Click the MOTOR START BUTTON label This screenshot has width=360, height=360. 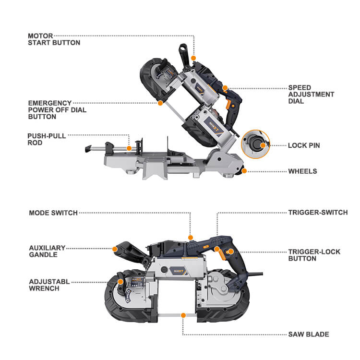pyautogui.click(x=54, y=39)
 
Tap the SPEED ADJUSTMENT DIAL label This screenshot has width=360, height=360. pyautogui.click(x=311, y=95)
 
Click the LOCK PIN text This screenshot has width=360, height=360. pyautogui.click(x=304, y=145)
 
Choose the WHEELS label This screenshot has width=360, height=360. pyautogui.click(x=302, y=171)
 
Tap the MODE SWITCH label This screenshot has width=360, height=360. pyautogui.click(x=53, y=213)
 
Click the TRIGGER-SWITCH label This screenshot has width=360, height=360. pyautogui.click(x=318, y=212)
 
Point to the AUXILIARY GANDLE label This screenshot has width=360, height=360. pyautogui.click(x=47, y=251)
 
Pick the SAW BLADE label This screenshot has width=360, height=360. pyautogui.click(x=308, y=334)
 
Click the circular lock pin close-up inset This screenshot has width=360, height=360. pyautogui.click(x=255, y=144)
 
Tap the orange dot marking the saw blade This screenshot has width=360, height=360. pyautogui.click(x=183, y=315)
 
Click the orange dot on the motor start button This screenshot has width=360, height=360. pyautogui.click(x=194, y=58)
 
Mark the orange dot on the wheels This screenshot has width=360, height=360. pyautogui.click(x=244, y=171)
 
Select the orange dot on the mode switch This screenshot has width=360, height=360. pyautogui.click(x=191, y=237)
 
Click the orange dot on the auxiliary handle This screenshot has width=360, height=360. pyautogui.click(x=115, y=249)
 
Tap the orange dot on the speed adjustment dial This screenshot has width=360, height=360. pyautogui.click(x=225, y=88)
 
